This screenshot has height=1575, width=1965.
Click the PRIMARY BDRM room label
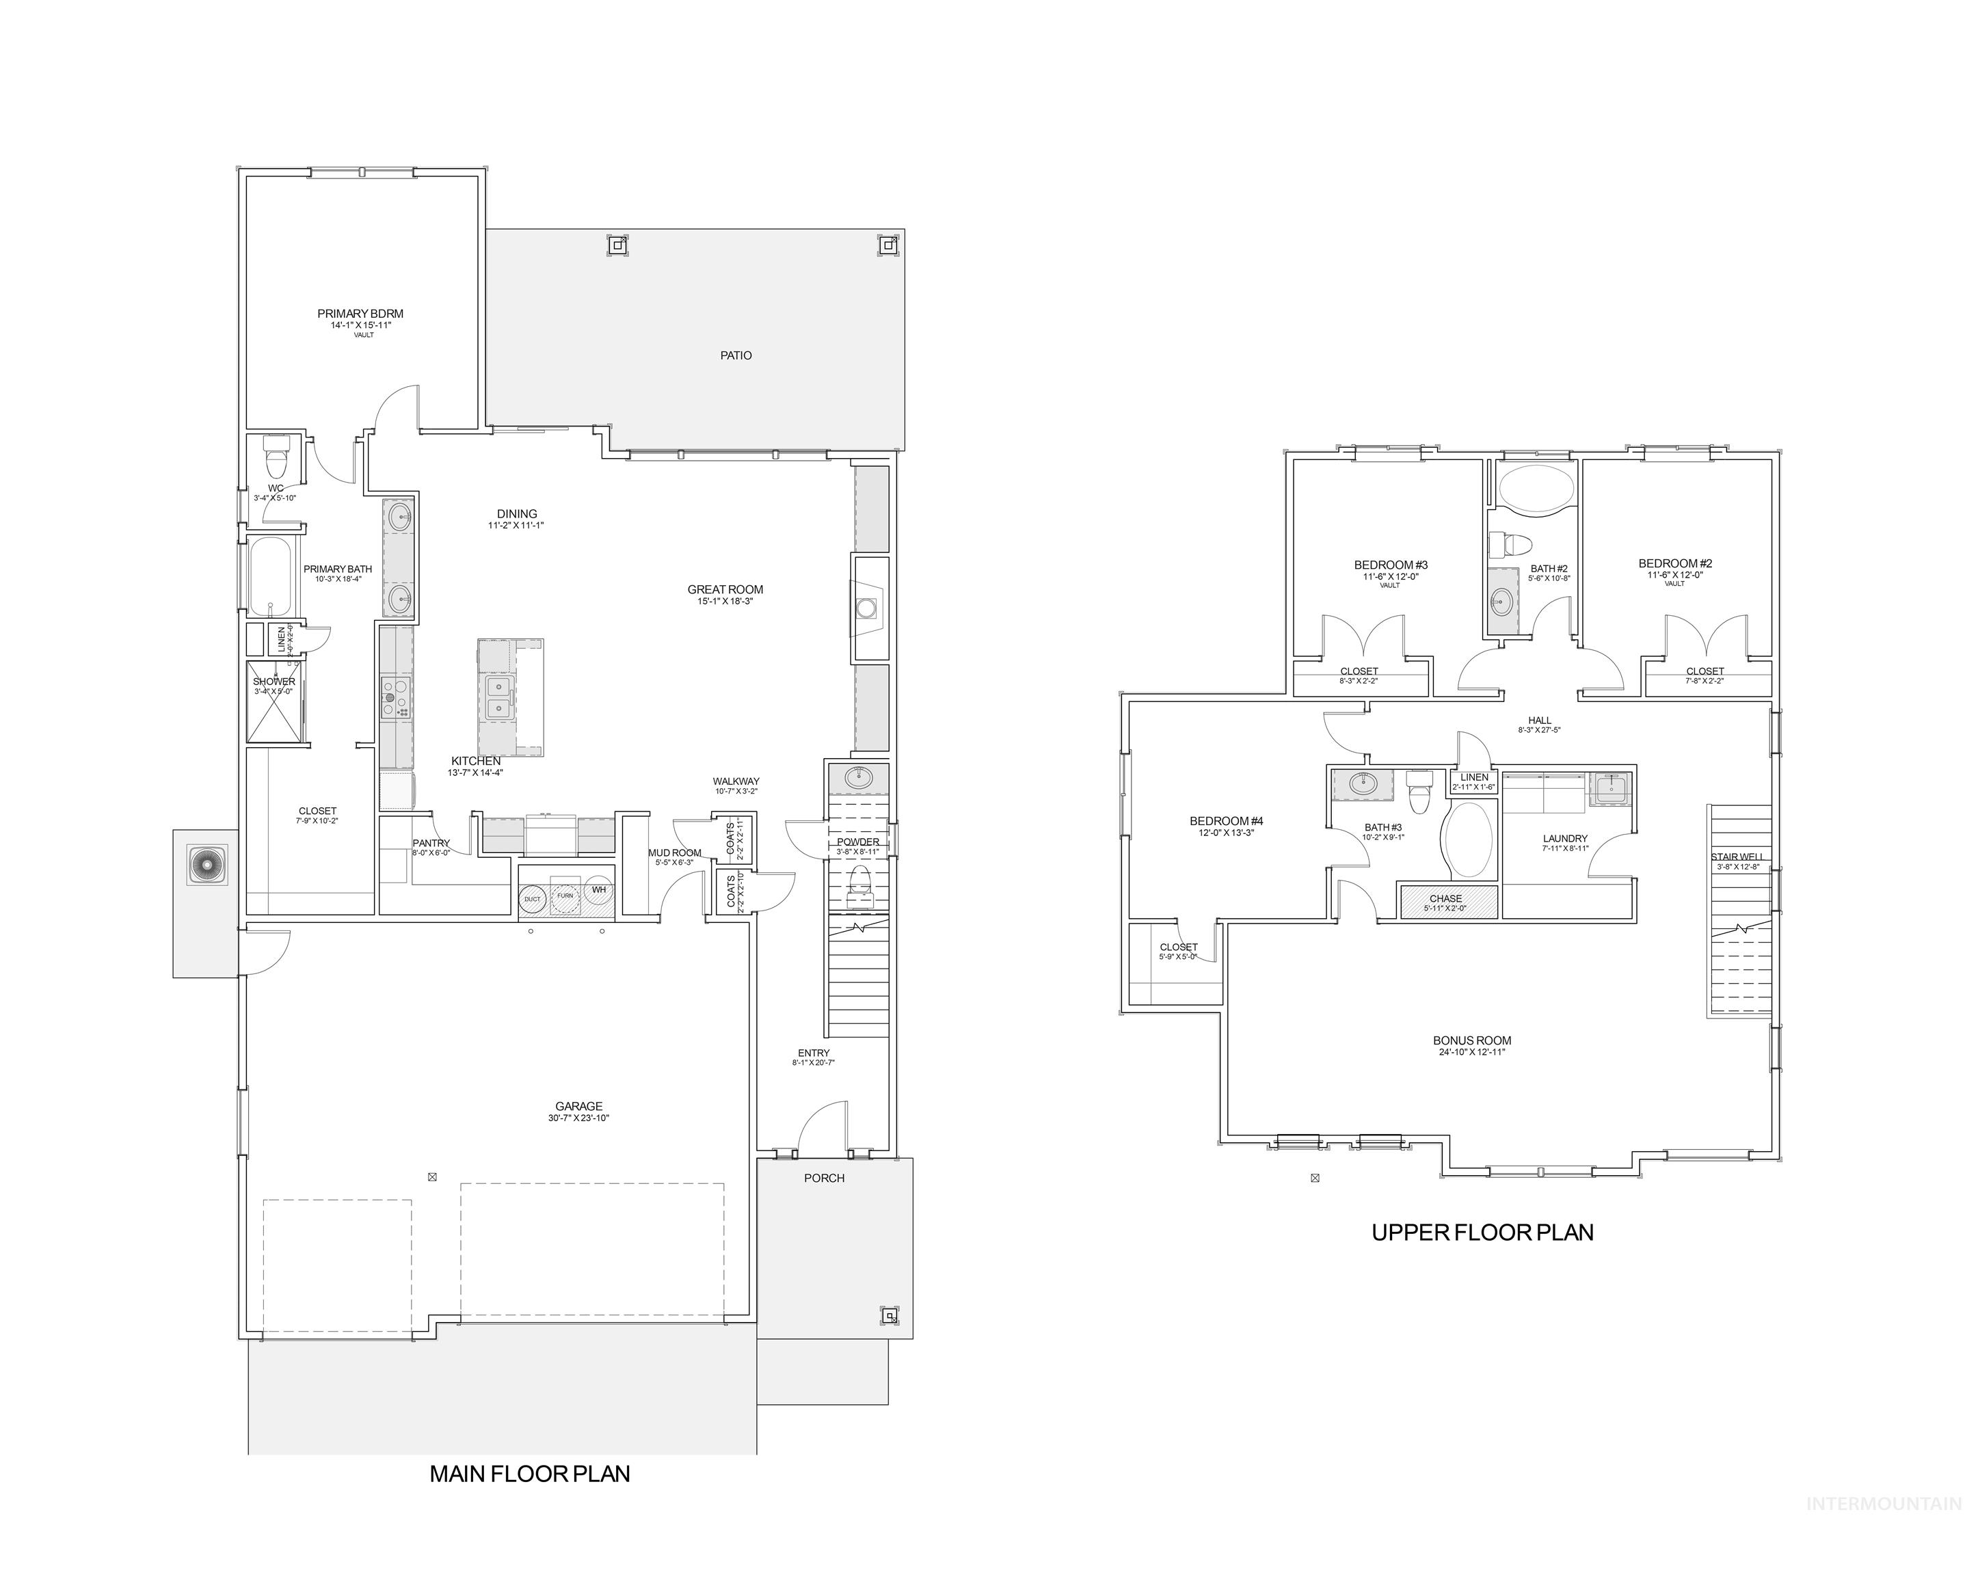pos(360,314)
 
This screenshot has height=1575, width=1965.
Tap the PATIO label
pos(736,355)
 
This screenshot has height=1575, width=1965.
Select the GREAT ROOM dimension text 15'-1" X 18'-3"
pos(725,602)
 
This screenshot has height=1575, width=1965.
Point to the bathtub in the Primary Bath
pos(270,577)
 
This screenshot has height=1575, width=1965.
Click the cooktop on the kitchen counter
pos(396,698)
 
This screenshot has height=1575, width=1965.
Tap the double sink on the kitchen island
pos(498,697)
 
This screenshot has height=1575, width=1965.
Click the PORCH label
pos(824,1179)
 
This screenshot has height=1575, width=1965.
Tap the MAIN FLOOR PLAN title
pos(529,1474)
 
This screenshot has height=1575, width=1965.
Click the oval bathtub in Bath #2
pos(1536,487)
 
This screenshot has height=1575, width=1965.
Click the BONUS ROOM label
pos(1472,1040)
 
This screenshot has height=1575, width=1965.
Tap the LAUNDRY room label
pos(1565,839)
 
